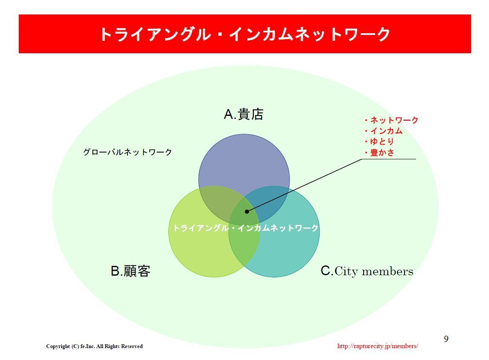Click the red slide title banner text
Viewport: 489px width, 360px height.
(245, 34)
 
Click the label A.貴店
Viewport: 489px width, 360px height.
(243, 114)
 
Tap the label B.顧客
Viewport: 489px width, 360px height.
(130, 271)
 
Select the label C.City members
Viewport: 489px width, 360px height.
(367, 271)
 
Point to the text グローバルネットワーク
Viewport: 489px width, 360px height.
(127, 152)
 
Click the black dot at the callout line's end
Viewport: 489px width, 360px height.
(247, 211)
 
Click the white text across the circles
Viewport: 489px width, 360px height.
(246, 228)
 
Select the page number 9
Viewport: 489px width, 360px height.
(446, 339)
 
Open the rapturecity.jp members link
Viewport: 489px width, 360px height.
(377, 346)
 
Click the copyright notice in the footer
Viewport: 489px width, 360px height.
(94, 346)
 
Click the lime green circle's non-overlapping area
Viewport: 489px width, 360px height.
(200, 251)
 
